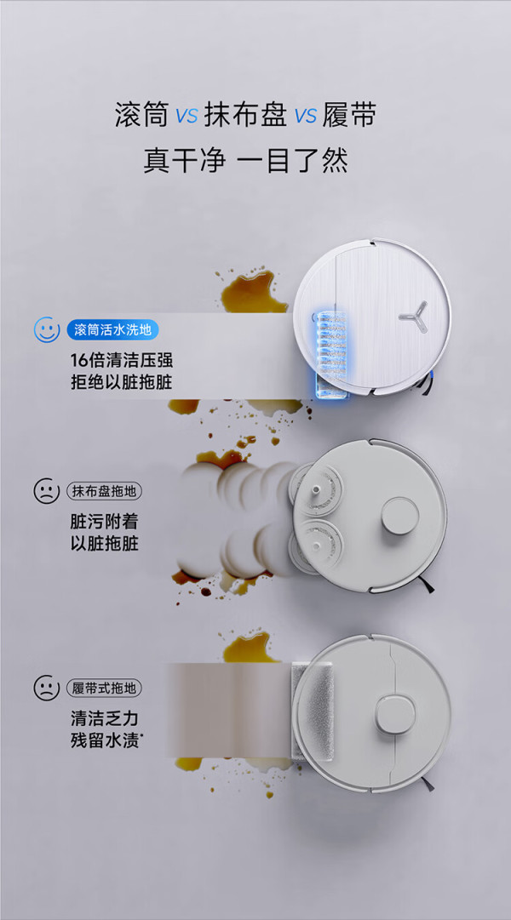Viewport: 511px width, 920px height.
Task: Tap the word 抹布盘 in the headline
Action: [x=245, y=115]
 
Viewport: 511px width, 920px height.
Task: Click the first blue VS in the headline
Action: [x=187, y=117]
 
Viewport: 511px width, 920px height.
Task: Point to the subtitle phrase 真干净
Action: [x=185, y=160]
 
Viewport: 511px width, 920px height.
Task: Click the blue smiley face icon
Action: [x=46, y=329]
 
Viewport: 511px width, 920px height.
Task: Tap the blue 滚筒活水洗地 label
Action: [x=112, y=329]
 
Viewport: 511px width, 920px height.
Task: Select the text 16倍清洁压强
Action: [x=122, y=359]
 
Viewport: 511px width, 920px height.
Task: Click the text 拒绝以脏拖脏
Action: [x=122, y=383]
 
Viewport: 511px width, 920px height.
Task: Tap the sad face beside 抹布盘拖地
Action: [x=46, y=490]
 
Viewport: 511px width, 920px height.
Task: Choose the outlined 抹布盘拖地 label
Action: [x=105, y=490]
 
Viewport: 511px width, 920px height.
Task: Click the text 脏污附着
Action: [x=104, y=521]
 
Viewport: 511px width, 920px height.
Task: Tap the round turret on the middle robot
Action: [x=399, y=516]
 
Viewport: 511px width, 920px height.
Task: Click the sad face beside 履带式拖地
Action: [x=46, y=687]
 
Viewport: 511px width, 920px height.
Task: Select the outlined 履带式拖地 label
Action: [x=105, y=687]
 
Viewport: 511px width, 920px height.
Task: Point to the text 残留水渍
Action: [x=106, y=740]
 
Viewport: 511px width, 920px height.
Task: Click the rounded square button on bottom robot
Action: [x=395, y=714]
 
